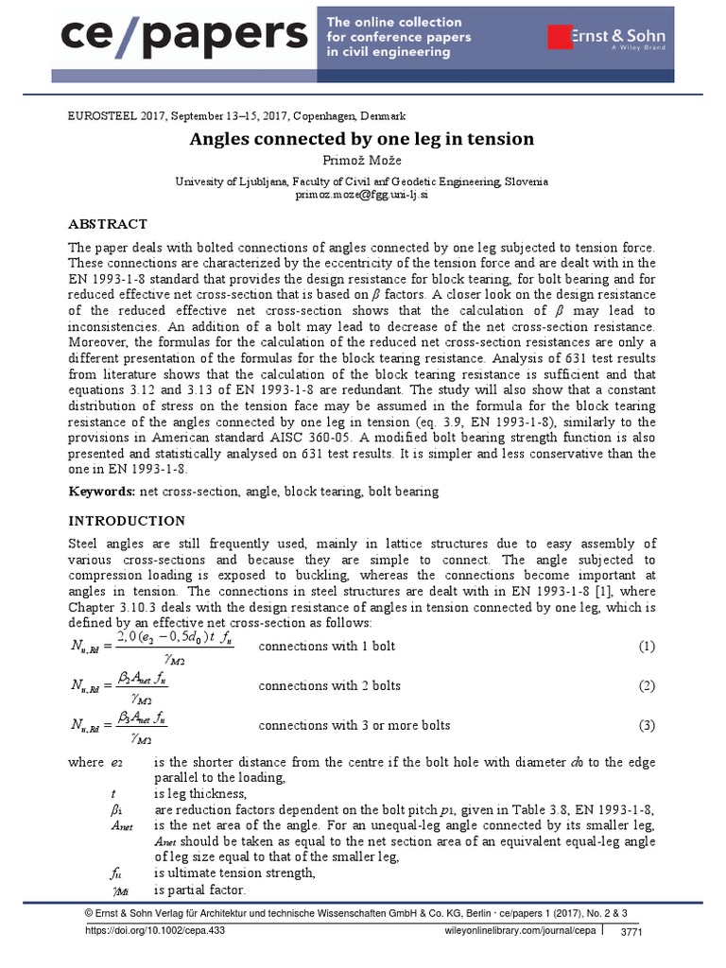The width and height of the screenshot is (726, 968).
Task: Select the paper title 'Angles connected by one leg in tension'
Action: click(x=362, y=139)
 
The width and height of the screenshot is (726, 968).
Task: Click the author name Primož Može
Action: click(x=362, y=160)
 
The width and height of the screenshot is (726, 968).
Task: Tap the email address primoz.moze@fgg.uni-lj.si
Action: click(x=362, y=194)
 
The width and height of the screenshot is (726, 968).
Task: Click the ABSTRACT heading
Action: click(x=108, y=224)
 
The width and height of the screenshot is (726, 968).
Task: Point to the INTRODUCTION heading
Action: click(x=127, y=521)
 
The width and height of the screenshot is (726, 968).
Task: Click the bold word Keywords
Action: click(x=101, y=492)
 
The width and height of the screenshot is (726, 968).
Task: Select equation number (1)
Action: click(x=646, y=647)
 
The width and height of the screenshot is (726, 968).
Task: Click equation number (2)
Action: click(x=646, y=686)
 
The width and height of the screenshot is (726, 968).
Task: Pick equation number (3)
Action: click(x=646, y=726)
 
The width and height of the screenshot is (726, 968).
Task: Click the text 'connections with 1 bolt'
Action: click(x=326, y=647)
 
